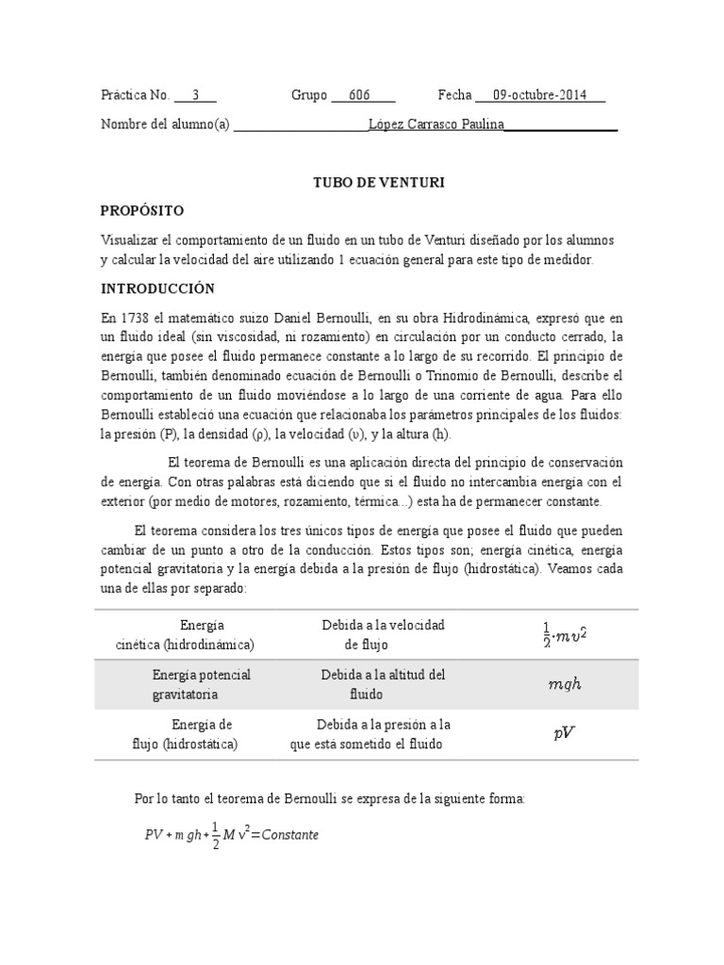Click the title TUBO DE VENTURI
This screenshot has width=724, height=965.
tap(378, 182)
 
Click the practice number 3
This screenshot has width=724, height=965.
tap(195, 95)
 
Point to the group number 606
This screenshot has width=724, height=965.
tap(359, 95)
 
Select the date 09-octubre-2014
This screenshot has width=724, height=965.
tap(539, 95)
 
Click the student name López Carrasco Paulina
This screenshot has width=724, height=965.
tap(436, 123)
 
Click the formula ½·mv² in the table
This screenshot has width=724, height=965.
tap(565, 635)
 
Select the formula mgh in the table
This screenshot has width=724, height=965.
tap(565, 684)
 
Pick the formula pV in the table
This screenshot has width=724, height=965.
tap(564, 734)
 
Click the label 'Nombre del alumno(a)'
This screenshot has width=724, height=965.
tap(165, 123)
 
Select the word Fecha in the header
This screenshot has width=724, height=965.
tap(453, 95)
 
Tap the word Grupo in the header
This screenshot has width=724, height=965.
tap(308, 95)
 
